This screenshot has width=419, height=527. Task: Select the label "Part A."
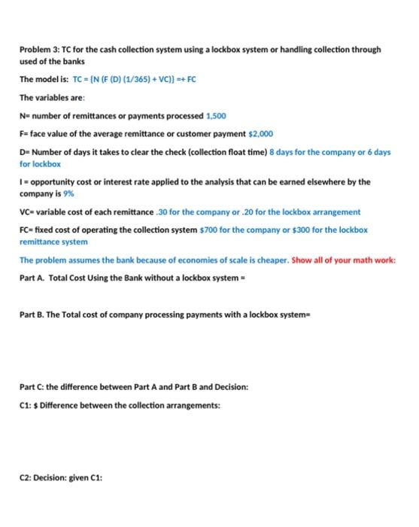(33, 276)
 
